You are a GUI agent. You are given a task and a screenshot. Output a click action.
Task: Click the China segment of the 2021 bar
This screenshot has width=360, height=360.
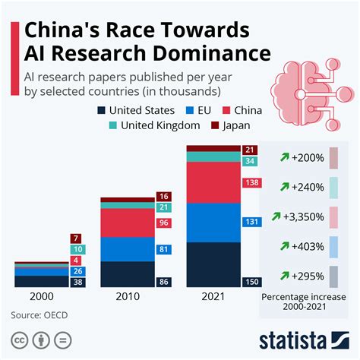(213, 183)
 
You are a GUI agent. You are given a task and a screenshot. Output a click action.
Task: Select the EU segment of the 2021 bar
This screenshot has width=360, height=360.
(213, 223)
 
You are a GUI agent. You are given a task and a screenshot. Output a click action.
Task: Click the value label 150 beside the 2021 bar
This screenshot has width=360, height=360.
(251, 281)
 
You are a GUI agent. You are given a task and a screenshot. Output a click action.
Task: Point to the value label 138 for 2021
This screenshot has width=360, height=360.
(251, 183)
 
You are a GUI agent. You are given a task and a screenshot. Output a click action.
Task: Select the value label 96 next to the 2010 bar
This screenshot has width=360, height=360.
(163, 223)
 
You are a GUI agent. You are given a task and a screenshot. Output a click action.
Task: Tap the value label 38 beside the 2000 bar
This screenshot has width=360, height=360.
(76, 281)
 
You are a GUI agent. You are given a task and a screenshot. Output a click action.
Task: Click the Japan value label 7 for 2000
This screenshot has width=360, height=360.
(76, 238)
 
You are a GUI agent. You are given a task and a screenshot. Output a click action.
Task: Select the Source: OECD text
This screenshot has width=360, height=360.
(43, 314)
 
